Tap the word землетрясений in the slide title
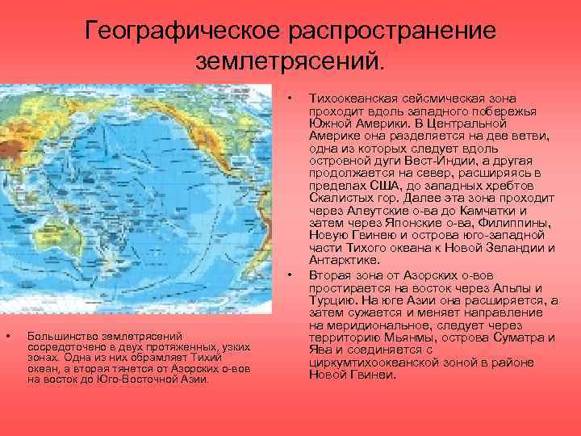point(288,61)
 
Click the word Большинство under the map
point(61,335)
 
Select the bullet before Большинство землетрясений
point(8,335)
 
